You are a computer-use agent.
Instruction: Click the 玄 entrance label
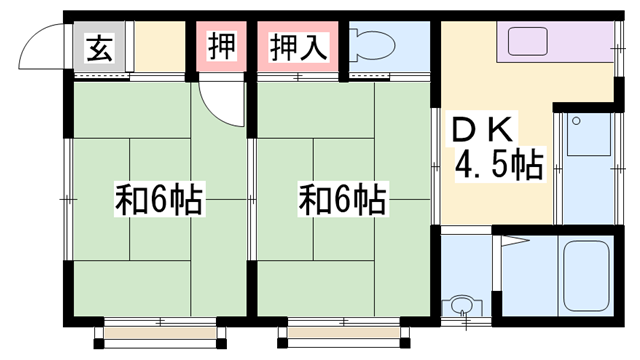click(99, 48)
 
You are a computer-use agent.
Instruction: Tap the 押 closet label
click(222, 46)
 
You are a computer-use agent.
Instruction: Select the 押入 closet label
click(298, 47)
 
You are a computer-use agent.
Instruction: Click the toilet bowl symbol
click(373, 44)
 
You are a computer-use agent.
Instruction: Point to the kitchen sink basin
click(528, 41)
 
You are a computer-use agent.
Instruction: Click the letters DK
click(482, 130)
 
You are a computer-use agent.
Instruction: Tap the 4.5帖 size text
click(499, 165)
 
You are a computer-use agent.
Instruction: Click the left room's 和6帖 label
click(159, 200)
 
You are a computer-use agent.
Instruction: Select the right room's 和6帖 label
click(342, 200)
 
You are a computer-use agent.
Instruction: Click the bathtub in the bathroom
click(587, 276)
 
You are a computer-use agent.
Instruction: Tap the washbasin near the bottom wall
click(462, 305)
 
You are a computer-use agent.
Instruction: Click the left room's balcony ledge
click(160, 333)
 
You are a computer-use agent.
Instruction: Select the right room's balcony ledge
click(343, 333)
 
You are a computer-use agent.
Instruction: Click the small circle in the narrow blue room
click(576, 121)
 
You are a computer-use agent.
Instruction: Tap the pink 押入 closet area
click(298, 47)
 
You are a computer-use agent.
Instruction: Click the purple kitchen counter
click(555, 42)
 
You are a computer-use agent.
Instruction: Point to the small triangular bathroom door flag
click(515, 242)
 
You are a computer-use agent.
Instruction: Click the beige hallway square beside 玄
click(160, 47)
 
